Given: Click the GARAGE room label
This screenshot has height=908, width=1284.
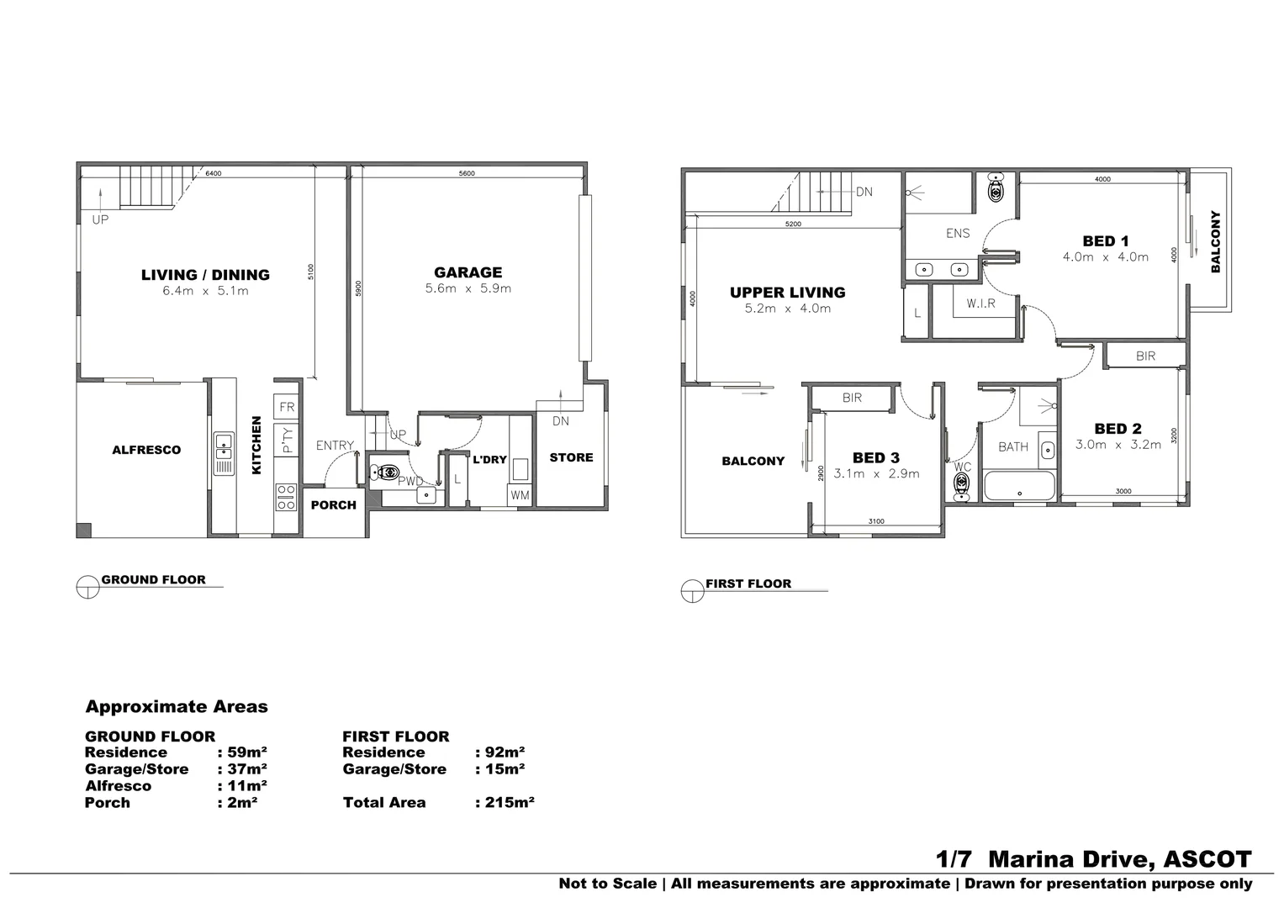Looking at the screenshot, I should pyautogui.click(x=468, y=272).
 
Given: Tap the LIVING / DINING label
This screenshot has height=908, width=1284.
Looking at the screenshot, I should pyautogui.click(x=205, y=275).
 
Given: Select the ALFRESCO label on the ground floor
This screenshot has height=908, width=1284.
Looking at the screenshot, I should pyautogui.click(x=146, y=450).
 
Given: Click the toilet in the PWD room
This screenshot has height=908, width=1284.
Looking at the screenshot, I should pyautogui.click(x=384, y=473).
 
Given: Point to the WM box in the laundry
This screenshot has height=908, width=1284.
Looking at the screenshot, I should pyautogui.click(x=520, y=495).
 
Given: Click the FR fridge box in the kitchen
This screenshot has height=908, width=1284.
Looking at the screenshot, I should pyautogui.click(x=287, y=408).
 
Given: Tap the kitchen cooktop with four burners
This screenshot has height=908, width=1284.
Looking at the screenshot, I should pyautogui.click(x=286, y=497).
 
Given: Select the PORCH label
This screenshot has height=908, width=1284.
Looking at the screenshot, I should pyautogui.click(x=334, y=505).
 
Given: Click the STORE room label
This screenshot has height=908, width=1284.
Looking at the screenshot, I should pyautogui.click(x=571, y=457).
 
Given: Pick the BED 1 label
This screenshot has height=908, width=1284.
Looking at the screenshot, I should pyautogui.click(x=1105, y=241).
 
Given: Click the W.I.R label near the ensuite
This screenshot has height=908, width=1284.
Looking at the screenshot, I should pyautogui.click(x=980, y=304).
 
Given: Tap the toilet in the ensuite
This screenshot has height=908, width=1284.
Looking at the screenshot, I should pyautogui.click(x=996, y=188).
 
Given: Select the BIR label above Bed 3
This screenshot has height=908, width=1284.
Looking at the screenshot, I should pyautogui.click(x=852, y=398).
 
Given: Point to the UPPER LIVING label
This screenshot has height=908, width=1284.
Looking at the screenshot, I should pyautogui.click(x=787, y=293).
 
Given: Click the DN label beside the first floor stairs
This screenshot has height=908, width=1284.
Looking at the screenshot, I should pyautogui.click(x=864, y=192).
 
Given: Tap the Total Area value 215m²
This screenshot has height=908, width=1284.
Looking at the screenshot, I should pyautogui.click(x=505, y=802).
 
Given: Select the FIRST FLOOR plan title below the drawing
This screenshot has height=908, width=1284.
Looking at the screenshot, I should pyautogui.click(x=748, y=583).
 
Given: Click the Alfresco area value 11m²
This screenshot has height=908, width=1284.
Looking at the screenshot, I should pyautogui.click(x=242, y=785).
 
